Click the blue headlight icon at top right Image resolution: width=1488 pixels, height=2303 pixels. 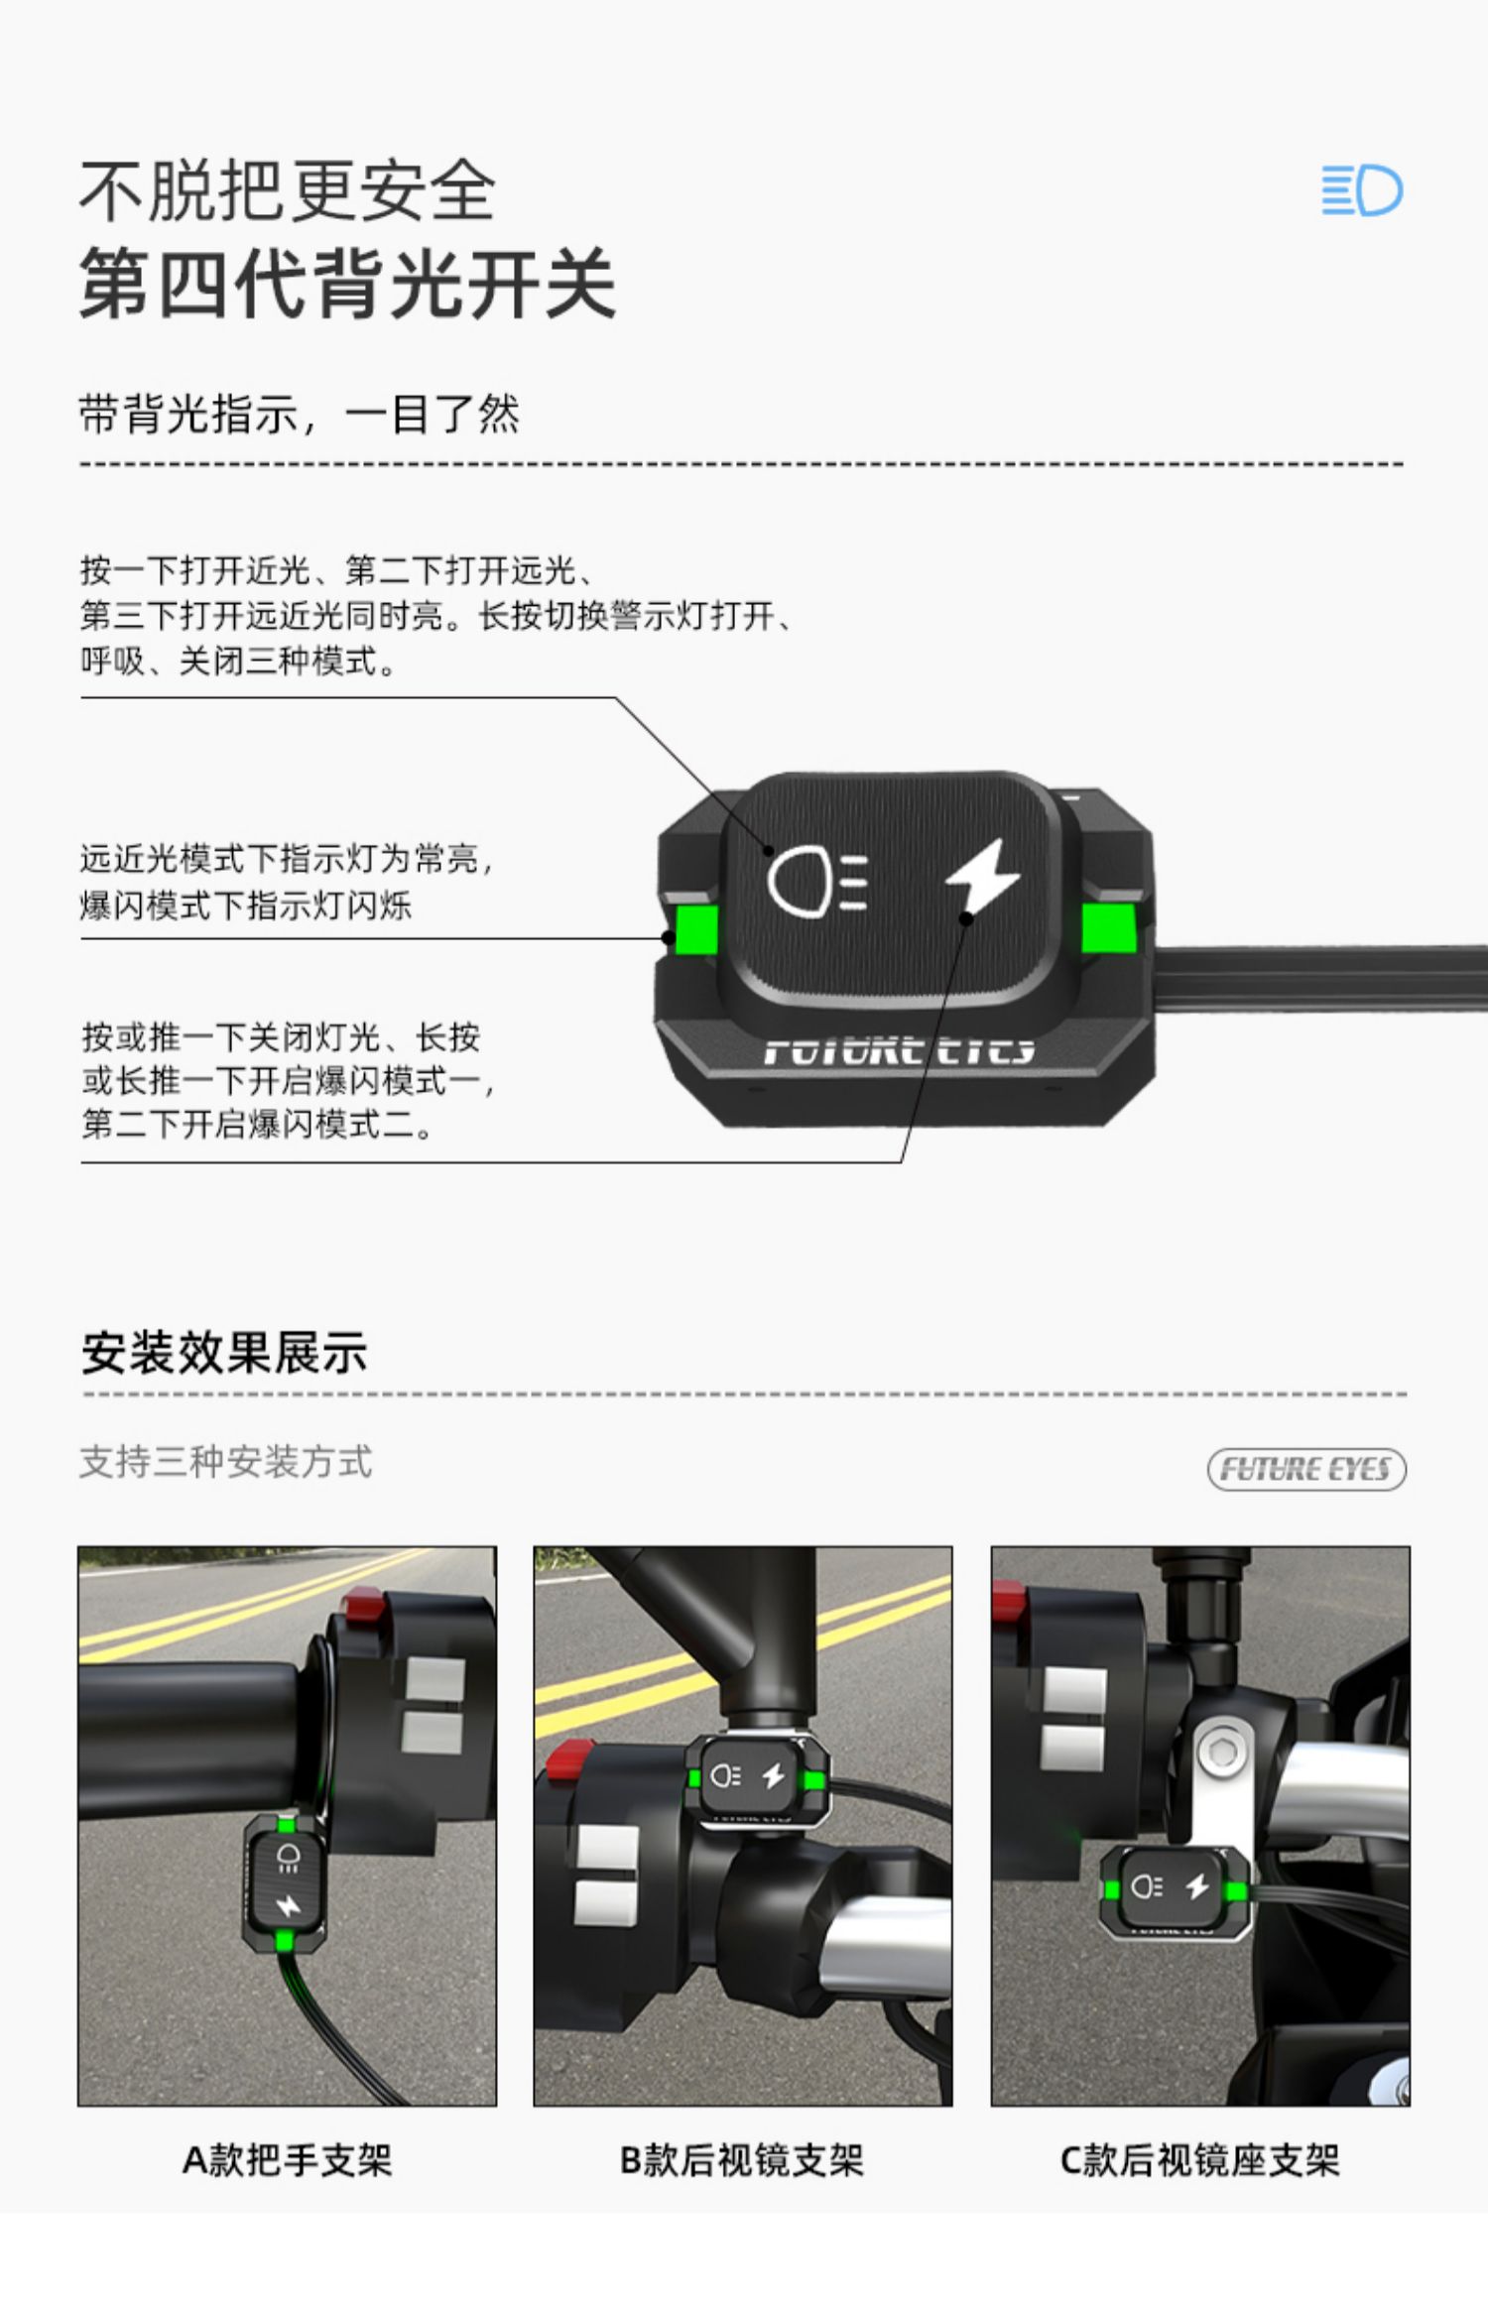[x=1362, y=190]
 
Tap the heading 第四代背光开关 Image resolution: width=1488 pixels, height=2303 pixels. [x=347, y=284]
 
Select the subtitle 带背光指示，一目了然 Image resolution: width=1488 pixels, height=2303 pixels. [x=300, y=414]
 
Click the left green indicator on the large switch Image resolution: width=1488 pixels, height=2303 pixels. [x=696, y=926]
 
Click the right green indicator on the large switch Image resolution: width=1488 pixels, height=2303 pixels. [x=1108, y=926]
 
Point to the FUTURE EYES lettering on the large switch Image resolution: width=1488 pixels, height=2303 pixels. [x=900, y=1049]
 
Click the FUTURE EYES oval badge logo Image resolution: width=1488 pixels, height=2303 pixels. [x=1306, y=1469]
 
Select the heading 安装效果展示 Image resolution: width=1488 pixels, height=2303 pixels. [x=224, y=1353]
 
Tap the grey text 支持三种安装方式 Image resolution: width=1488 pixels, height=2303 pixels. [x=226, y=1462]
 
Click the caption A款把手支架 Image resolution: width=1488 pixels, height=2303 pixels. [x=288, y=2160]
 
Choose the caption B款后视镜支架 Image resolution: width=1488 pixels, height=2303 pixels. [x=742, y=2160]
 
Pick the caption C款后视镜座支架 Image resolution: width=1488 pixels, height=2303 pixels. [x=1200, y=2160]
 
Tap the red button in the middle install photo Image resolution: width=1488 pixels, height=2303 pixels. [x=570, y=1760]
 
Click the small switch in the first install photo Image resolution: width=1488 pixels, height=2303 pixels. [x=285, y=1880]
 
